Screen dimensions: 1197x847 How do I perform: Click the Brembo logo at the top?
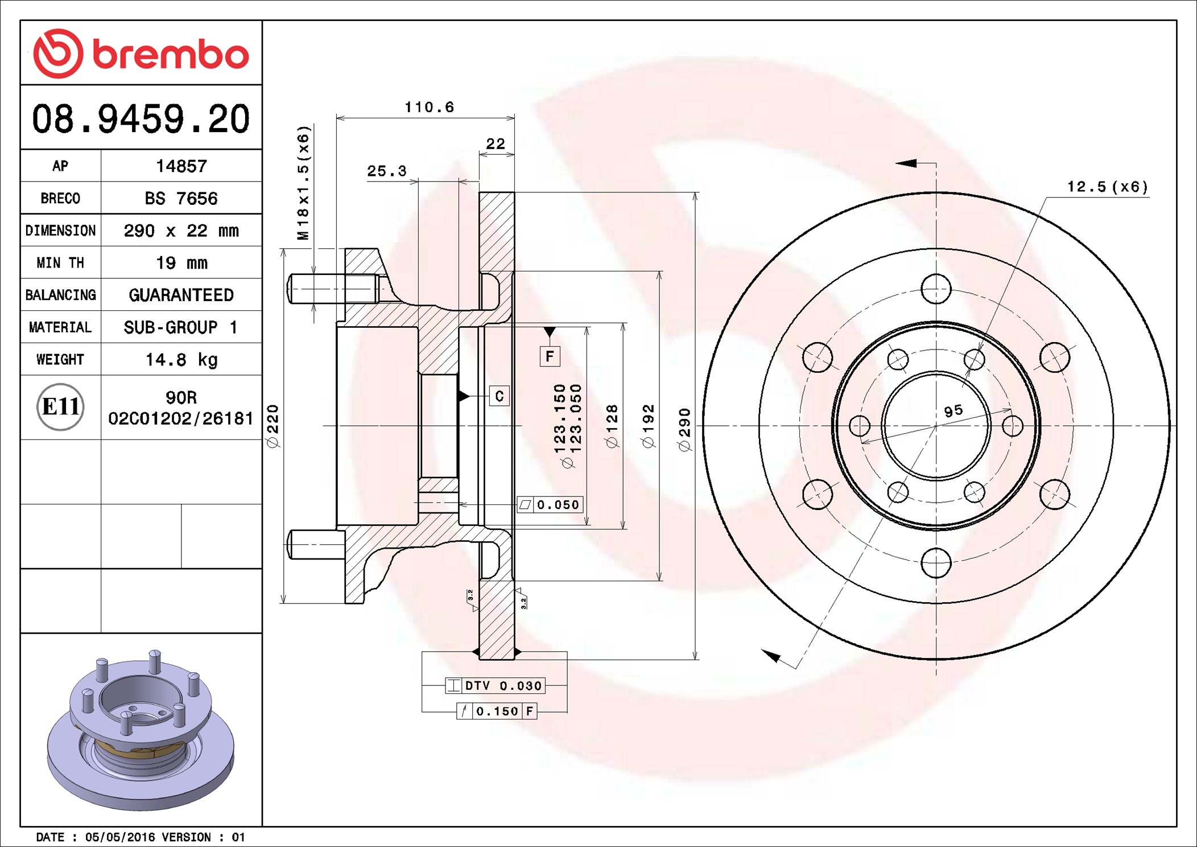coord(141,54)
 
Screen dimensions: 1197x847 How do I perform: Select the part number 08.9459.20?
coord(141,119)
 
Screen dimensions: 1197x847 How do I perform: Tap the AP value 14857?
coord(181,166)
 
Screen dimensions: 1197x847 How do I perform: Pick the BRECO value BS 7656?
coord(181,199)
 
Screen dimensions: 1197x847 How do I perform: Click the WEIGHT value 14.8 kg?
coord(181,360)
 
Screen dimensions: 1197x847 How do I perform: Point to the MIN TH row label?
coord(60,263)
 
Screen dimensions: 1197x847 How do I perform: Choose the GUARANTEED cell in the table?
coord(181,295)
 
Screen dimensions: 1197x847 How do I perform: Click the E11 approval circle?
coord(60,407)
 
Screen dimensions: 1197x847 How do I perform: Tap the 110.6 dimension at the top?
coord(430,107)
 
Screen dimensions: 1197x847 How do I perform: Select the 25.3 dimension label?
coord(387,171)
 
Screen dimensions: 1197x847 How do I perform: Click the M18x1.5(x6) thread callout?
coord(303,183)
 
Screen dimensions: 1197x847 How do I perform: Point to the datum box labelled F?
coord(550,356)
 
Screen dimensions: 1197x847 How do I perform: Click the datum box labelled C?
coord(499,396)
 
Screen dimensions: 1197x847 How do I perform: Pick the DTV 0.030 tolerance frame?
coord(495,686)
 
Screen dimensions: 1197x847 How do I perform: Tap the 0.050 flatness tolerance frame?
coord(550,504)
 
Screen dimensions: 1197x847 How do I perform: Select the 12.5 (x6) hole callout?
coord(1107,187)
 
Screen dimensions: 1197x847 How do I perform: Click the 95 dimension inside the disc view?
coord(954,411)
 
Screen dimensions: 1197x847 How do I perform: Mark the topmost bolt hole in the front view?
coord(936,289)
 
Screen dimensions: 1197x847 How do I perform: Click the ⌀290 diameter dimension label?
coord(684,430)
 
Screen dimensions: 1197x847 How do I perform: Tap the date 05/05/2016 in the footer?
coord(120,837)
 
